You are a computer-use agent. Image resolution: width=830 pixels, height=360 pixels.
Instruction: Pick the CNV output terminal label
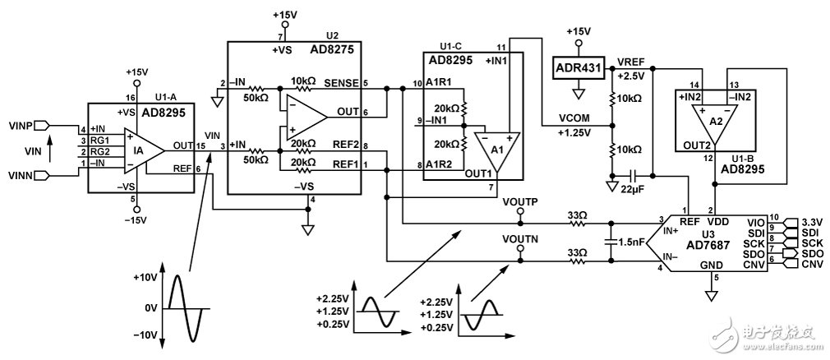812,264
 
